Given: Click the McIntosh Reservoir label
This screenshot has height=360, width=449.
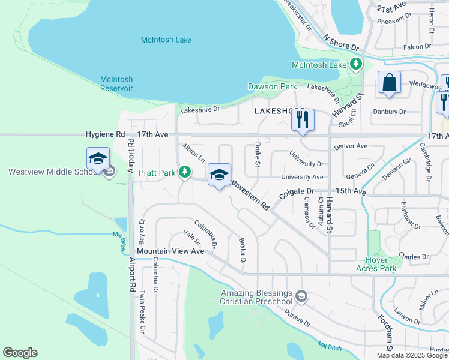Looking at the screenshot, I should coord(116,83).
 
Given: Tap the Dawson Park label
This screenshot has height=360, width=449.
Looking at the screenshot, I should coord(272,86).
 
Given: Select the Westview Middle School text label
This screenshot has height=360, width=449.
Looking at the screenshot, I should coord(50,172).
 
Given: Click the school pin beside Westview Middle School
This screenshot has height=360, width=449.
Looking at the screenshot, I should coord(98,160).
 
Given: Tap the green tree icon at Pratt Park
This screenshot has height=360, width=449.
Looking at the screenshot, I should coord(185,173).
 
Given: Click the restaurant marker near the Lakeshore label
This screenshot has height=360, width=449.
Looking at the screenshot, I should coord(303,121).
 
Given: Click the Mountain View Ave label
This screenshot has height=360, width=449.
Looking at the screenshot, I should coord(170,251).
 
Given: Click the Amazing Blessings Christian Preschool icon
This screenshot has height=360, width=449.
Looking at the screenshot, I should coord(301,296).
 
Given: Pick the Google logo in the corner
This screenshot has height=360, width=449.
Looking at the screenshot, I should coord(20,353).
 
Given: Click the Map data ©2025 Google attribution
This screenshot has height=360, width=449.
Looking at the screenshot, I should coord(412,355).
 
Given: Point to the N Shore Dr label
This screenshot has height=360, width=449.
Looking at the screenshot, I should coord(340,41).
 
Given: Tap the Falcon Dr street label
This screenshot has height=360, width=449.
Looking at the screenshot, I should coord(418,46).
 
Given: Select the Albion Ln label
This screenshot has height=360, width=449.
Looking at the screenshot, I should coord(194,154).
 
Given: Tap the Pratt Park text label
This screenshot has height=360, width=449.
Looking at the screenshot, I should coord(157,173).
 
